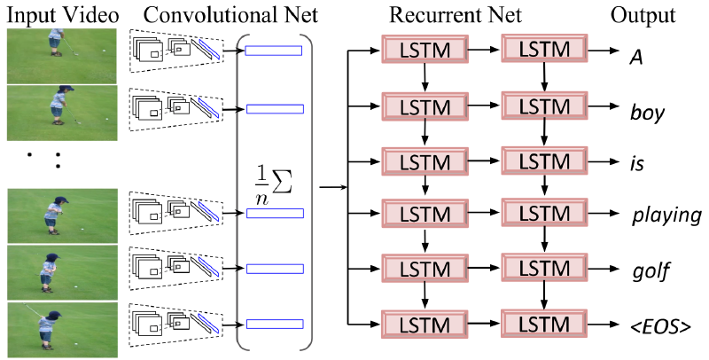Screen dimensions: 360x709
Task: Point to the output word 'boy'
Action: click(x=648, y=113)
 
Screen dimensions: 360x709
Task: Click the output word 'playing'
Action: click(x=666, y=215)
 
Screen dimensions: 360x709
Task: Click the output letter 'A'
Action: click(x=635, y=56)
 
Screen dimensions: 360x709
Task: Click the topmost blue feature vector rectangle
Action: click(x=274, y=51)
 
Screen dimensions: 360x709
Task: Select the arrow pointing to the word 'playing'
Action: click(x=603, y=215)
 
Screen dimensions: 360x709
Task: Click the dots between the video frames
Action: click(x=43, y=160)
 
